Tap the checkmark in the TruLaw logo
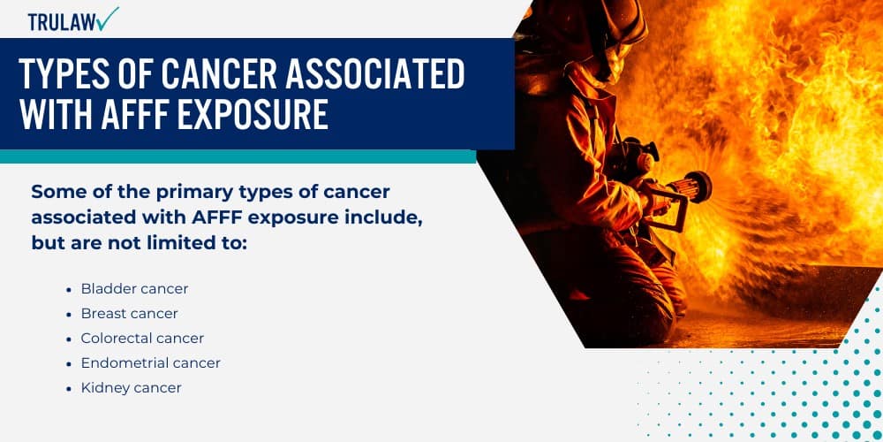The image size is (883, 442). coord(109,17)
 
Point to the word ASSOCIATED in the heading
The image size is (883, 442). coord(380,77)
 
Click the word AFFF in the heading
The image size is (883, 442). coord(126,116)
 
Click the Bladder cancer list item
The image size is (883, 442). coord(134,289)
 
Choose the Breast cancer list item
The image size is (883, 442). coord(129,314)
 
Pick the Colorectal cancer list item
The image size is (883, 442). coord(142,339)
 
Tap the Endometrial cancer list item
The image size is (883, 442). coord(150,363)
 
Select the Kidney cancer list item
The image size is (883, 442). coord(131,388)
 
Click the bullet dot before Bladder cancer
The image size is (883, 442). coord(69,289)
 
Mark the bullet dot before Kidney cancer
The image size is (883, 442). coord(69,388)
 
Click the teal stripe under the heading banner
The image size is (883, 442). coord(238,156)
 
